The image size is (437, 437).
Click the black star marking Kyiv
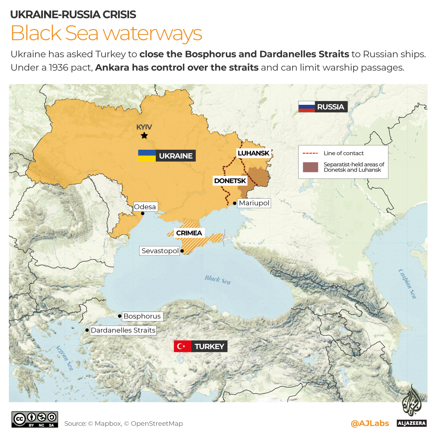[144, 136]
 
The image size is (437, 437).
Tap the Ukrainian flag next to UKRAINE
[146, 156]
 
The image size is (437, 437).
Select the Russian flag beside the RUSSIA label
[306, 107]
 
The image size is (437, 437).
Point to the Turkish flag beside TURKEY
[182, 346]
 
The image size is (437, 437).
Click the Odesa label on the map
[145, 207]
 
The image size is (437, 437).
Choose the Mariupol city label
[254, 203]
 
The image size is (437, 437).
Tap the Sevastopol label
[160, 251]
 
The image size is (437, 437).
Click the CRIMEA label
[189, 233]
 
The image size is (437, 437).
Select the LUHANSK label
[253, 153]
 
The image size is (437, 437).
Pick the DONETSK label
[230, 181]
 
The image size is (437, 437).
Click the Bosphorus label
[142, 316]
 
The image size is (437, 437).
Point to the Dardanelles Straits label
[123, 330]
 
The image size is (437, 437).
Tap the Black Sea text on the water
[218, 280]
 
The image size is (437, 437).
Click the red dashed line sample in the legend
[310, 153]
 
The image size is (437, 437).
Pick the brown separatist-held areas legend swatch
[310, 167]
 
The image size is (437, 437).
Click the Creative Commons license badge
[35, 419]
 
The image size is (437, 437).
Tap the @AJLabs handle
[370, 423]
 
